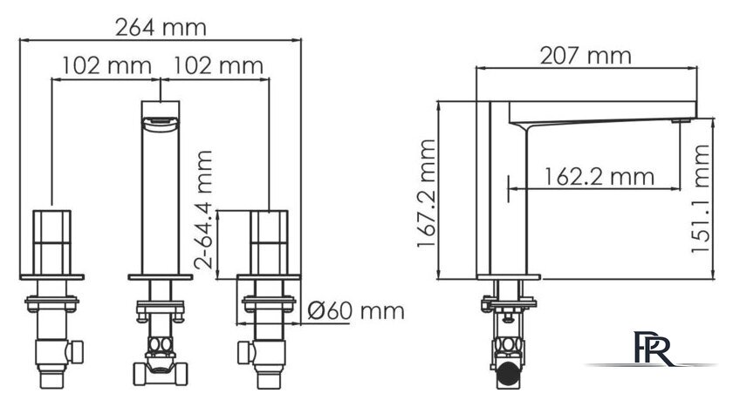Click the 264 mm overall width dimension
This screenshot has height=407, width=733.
click(161, 28)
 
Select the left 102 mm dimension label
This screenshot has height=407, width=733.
click(107, 65)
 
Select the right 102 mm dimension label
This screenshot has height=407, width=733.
click(218, 65)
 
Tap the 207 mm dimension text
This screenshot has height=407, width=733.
click(586, 56)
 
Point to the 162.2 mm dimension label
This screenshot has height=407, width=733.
click(599, 176)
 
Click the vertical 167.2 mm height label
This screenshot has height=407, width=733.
click(427, 193)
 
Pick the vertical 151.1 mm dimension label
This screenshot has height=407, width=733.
click(701, 199)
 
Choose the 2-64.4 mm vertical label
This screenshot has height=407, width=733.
click(203, 209)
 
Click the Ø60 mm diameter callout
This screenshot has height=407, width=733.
click(356, 311)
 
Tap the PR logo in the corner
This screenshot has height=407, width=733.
click(653, 349)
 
